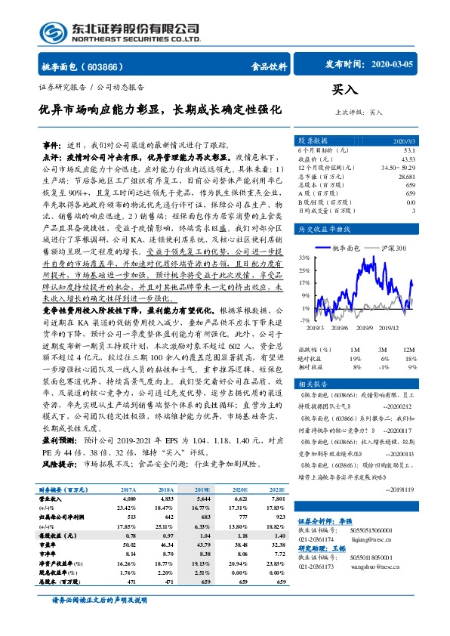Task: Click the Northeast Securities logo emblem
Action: pyautogui.click(x=57, y=31)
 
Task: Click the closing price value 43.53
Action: pyautogui.click(x=408, y=159)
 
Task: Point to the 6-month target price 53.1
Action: pyautogui.click(x=409, y=150)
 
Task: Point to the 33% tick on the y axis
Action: pyautogui.click(x=303, y=258)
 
